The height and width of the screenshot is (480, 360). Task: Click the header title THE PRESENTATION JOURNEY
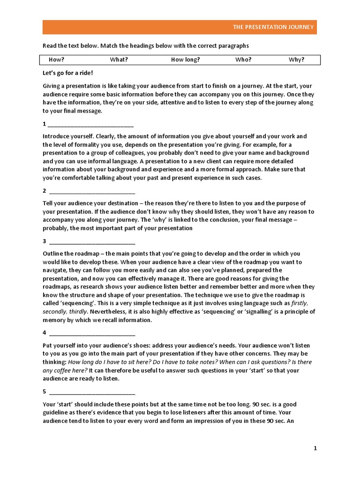coord(274,27)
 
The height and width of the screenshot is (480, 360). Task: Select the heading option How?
coord(56,60)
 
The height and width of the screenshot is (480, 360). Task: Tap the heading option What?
coord(119,60)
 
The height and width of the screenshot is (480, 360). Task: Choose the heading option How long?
coord(185,60)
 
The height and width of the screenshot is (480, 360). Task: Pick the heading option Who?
coord(243,60)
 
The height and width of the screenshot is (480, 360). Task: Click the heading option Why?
coord(296,60)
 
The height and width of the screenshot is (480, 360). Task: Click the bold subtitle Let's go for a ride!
coord(68,73)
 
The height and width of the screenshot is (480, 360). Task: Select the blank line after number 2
coord(92,191)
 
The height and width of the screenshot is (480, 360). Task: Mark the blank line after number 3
coord(92,241)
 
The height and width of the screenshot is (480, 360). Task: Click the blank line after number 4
coord(92,333)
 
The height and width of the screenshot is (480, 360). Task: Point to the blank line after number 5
coord(92,392)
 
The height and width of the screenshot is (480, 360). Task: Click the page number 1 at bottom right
coord(315,448)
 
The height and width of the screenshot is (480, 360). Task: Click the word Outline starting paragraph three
coord(53,253)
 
